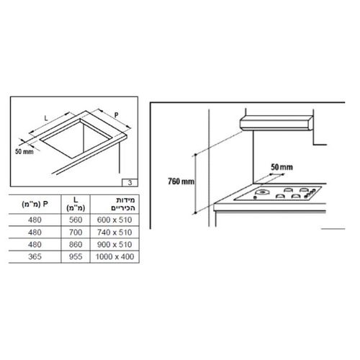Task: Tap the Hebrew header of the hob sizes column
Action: (x=117, y=204)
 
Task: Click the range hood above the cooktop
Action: (x=276, y=122)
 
